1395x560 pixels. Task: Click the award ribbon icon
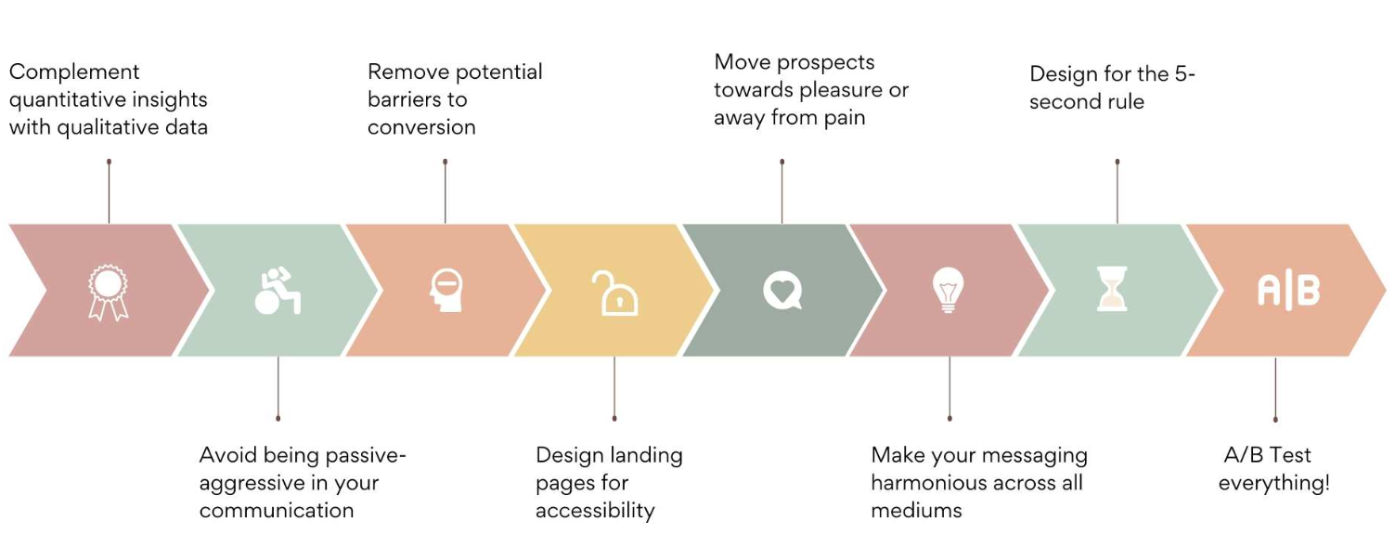[108, 293]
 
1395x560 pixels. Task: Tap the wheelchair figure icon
[278, 291]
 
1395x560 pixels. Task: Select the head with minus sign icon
[446, 291]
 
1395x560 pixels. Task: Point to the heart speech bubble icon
[782, 291]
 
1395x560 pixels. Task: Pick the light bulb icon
[948, 290]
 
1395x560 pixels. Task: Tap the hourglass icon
[1112, 289]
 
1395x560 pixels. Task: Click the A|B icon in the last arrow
[1288, 291]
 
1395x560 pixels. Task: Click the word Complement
[74, 72]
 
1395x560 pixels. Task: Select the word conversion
[421, 127]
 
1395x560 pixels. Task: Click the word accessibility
[595, 510]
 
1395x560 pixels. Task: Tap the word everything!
[1274, 483]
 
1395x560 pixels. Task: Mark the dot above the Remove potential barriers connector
[446, 162]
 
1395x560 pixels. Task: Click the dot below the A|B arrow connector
[1275, 420]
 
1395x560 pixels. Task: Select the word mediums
[917, 511]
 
